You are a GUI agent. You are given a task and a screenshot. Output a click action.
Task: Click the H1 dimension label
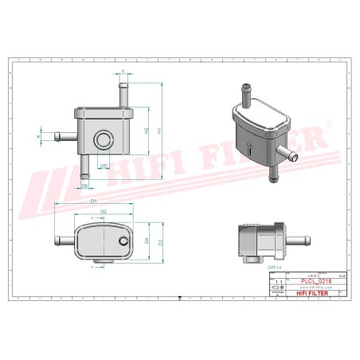[x=159, y=130]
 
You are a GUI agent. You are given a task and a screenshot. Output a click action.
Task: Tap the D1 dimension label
[x=93, y=201]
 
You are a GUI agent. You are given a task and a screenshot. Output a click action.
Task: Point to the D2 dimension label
[x=104, y=211]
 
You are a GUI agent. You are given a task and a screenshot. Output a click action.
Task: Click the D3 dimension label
[x=159, y=241]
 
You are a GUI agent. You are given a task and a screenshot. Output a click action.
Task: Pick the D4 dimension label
[x=147, y=238]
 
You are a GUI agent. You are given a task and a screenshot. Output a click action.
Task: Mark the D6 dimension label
[x=84, y=185]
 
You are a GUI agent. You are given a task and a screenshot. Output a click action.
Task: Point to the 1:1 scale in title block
[x=276, y=282]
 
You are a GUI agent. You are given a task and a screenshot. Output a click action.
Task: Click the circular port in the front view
[x=101, y=141]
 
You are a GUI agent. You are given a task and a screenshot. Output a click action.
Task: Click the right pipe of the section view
[x=297, y=240]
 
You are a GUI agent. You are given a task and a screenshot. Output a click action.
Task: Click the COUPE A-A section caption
[x=274, y=268]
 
